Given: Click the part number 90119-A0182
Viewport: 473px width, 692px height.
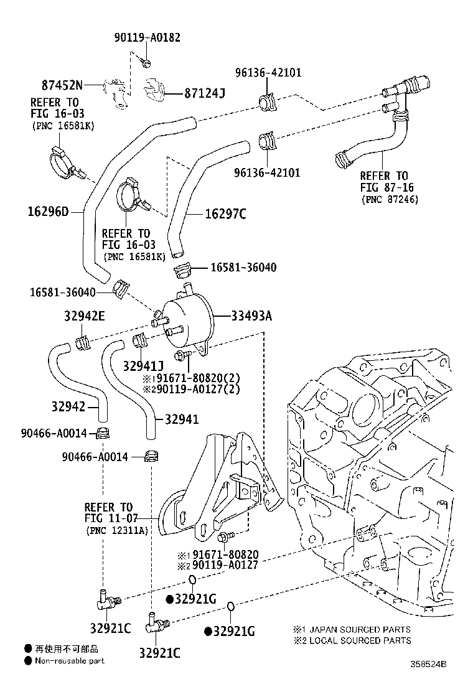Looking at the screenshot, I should coord(147,37).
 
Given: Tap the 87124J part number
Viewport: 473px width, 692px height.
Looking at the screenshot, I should coord(204,93).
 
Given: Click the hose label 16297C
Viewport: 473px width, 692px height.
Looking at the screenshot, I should coord(226,214).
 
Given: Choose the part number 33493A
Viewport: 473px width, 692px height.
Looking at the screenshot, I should coord(252,316).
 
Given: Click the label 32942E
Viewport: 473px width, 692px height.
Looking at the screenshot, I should coord(84,316).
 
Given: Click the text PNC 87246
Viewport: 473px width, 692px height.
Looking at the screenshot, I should coord(391,199).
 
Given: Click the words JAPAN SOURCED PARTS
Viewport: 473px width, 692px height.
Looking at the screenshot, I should coord(360,629).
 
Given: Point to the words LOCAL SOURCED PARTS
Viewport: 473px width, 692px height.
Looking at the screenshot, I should coord(360,640).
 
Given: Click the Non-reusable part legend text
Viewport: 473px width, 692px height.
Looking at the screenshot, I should coord(69,661).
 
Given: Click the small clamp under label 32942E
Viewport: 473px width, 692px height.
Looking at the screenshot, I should coord(83,341).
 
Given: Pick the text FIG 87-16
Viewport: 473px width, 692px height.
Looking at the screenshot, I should coord(386,187).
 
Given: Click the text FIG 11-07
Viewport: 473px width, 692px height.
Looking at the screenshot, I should coord(109,518).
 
